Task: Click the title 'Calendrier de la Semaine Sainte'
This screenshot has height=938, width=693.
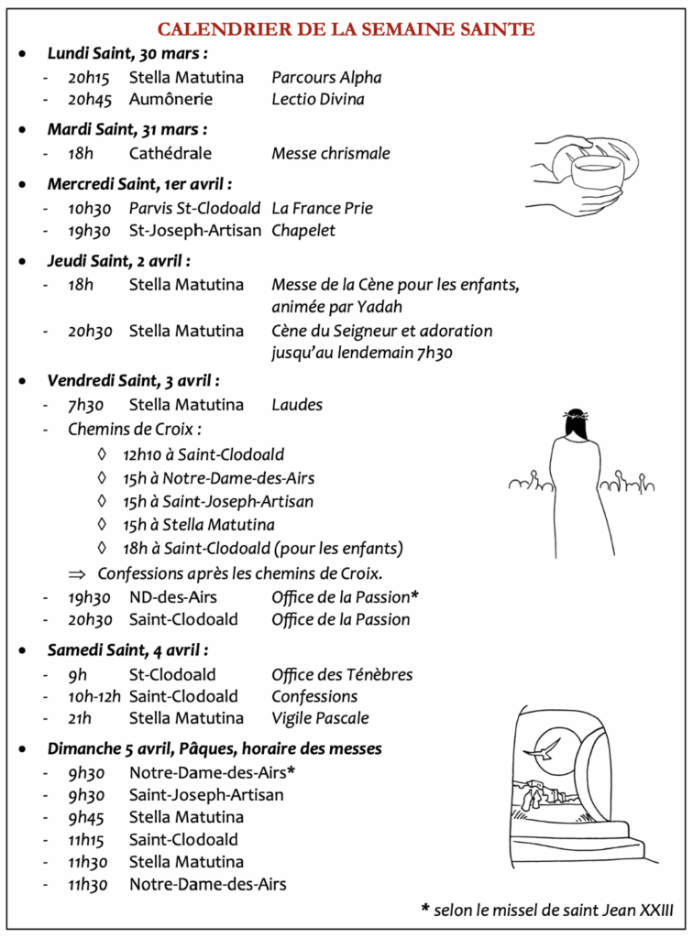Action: [x=346, y=29]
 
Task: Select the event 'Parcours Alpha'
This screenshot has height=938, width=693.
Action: [x=326, y=78]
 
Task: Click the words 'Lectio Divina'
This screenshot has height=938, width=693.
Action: [x=317, y=100]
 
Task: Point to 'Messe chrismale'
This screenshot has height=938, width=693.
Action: [x=330, y=153]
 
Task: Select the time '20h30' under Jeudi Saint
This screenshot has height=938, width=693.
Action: [x=90, y=331]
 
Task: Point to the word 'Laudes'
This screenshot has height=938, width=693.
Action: [x=297, y=405]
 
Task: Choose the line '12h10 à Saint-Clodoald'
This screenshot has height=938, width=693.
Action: [x=203, y=454]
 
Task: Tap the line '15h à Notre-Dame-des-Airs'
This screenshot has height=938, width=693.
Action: [x=218, y=478]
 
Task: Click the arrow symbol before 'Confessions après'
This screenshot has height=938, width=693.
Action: [x=76, y=574]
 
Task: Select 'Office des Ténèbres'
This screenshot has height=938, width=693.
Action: [x=342, y=675]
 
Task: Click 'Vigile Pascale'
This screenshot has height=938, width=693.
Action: [x=320, y=718]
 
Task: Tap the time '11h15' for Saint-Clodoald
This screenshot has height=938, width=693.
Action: [x=89, y=840]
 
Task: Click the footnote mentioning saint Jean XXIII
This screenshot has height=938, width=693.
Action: [x=547, y=909]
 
